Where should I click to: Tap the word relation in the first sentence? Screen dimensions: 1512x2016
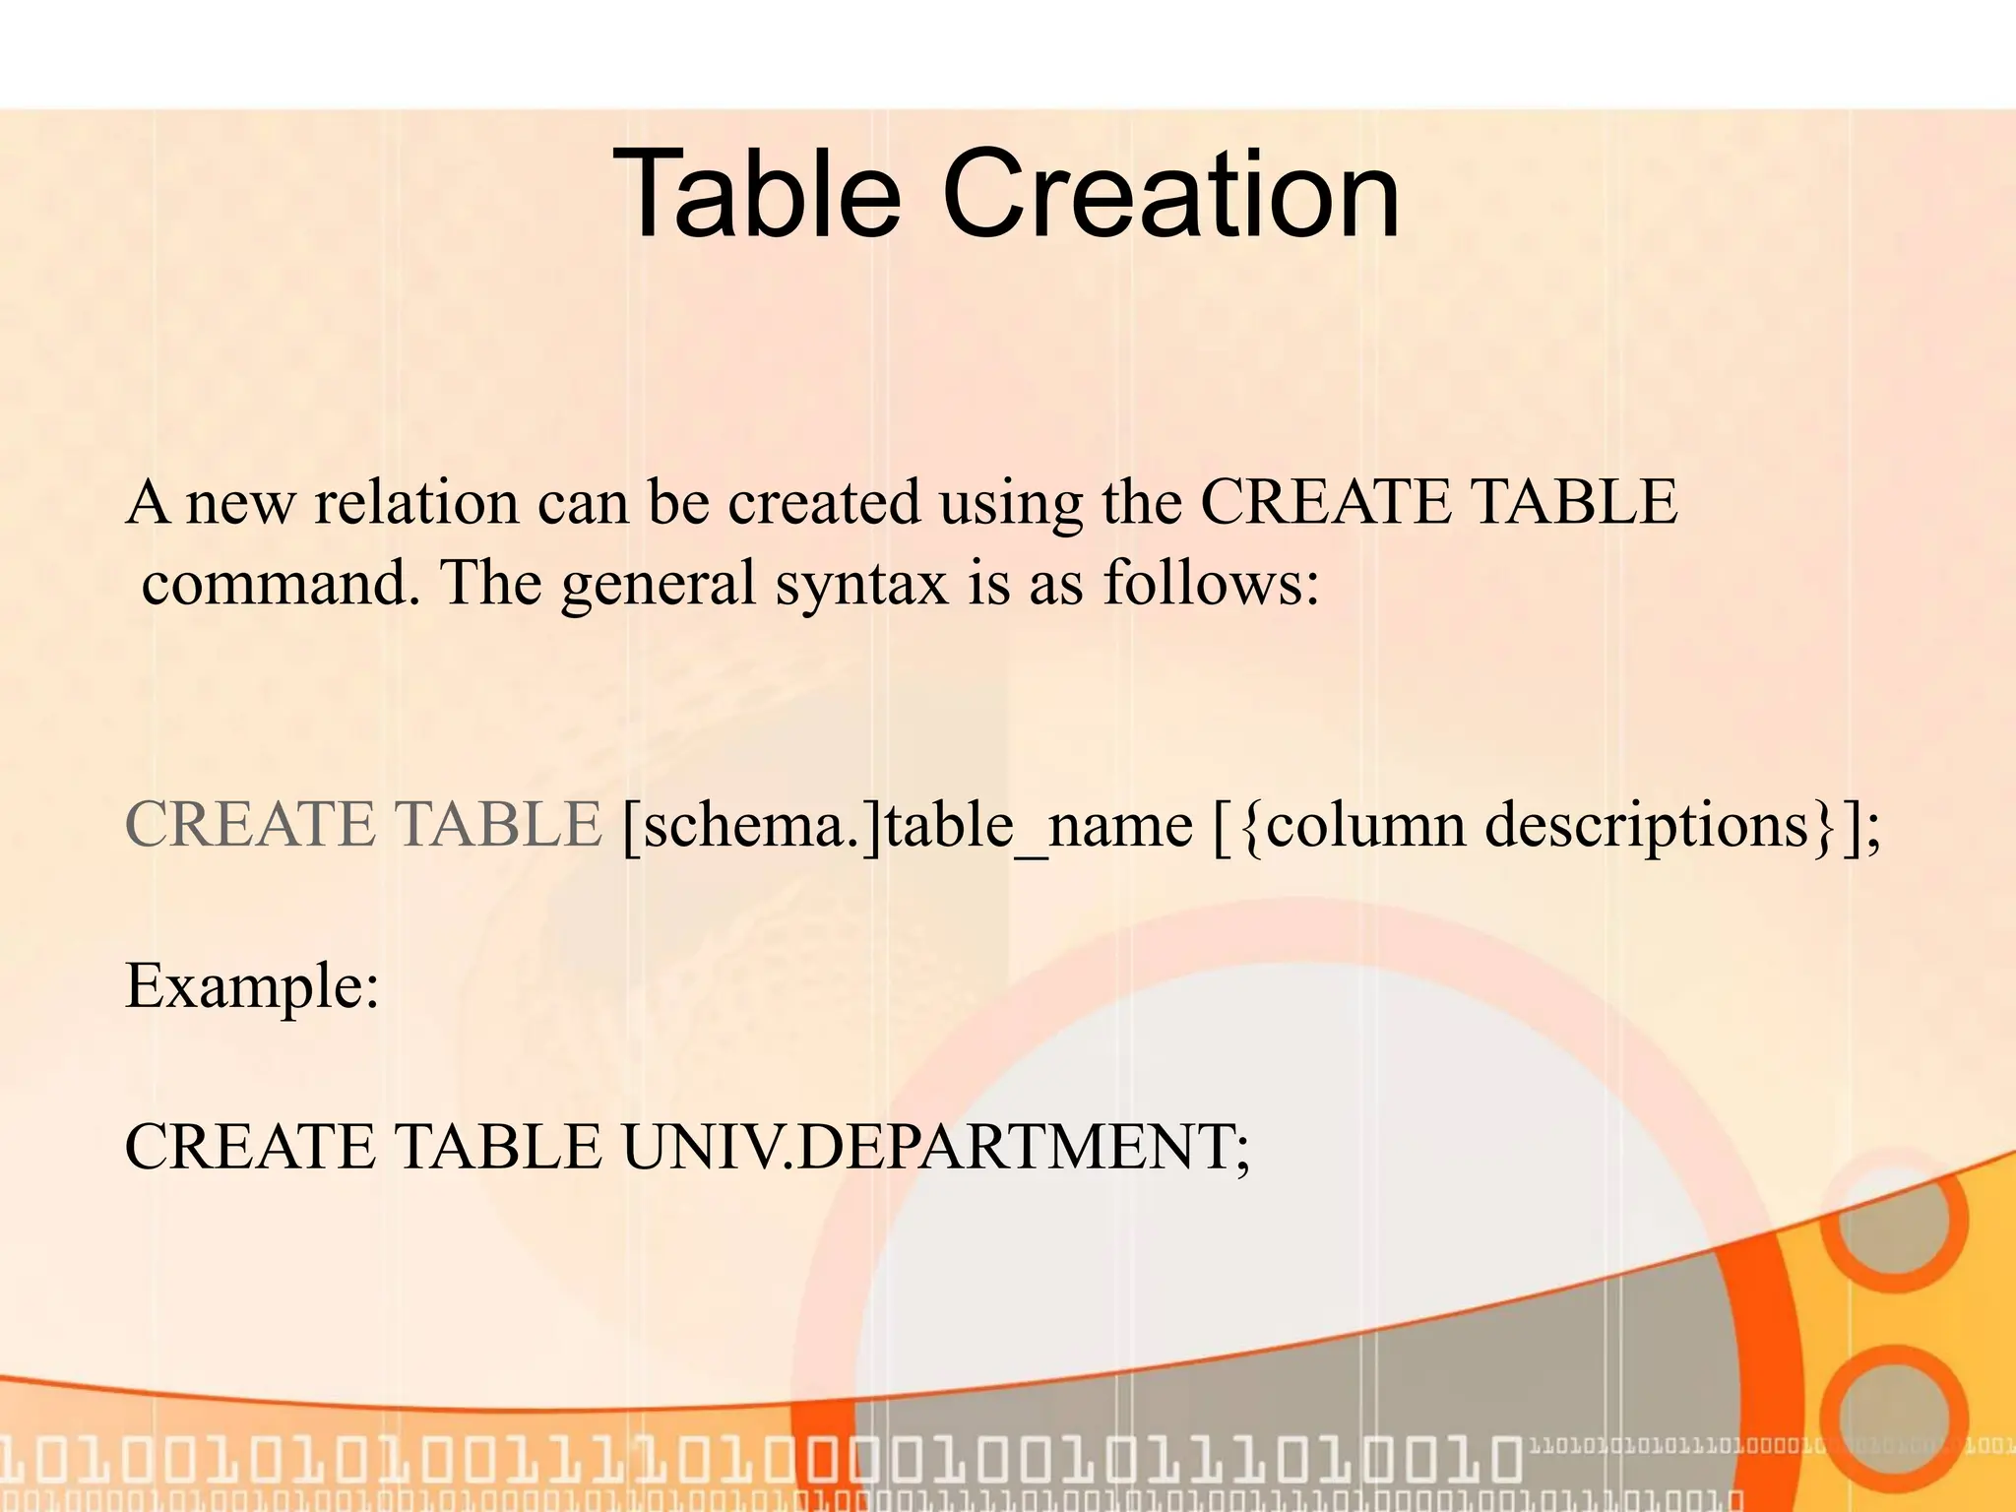pyautogui.click(x=415, y=502)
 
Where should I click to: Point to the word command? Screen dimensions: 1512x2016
pyautogui.click(x=274, y=583)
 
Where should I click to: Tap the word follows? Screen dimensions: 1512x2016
pyautogui.click(x=1211, y=583)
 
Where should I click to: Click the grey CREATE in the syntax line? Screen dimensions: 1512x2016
pyautogui.click(x=250, y=825)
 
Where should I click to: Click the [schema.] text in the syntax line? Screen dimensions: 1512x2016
pyautogui.click(x=752, y=825)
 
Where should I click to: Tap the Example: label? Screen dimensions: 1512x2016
pyautogui.click(x=252, y=986)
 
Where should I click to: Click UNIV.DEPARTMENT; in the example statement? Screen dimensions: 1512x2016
pyautogui.click(x=935, y=1148)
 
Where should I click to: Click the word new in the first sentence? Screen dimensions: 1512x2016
pyautogui.click(x=240, y=504)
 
